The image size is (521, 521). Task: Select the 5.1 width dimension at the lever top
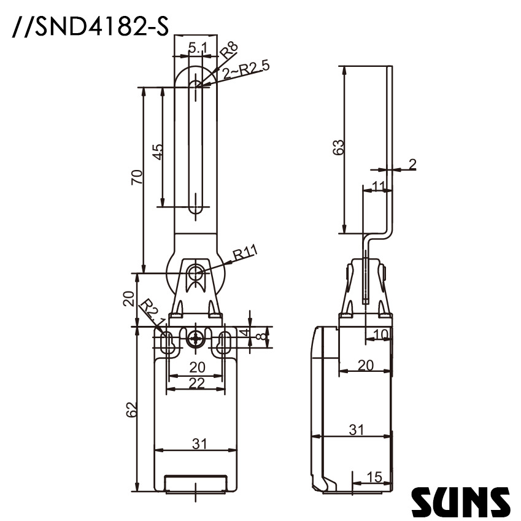[197, 47]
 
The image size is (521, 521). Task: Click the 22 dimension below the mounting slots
[196, 383]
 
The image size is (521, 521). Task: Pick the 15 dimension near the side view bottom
[374, 477]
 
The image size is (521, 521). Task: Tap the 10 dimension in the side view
[380, 334]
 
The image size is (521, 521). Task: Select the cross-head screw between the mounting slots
[196, 338]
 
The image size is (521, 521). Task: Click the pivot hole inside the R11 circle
[196, 272]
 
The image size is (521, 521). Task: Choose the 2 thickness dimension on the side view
[412, 163]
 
